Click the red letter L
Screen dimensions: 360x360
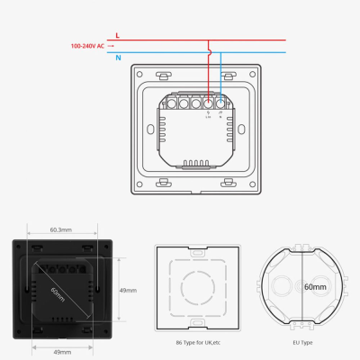coord(119,34)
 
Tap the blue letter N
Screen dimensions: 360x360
coord(119,57)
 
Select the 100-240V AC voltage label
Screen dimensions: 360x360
coord(87,45)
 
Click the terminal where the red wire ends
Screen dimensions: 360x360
coord(209,103)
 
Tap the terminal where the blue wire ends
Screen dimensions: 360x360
coord(221,103)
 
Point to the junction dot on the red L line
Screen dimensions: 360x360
coord(209,40)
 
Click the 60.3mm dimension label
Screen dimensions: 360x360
coord(61,230)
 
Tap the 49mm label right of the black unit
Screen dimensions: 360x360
coord(128,291)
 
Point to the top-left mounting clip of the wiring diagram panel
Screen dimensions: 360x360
coord(161,76)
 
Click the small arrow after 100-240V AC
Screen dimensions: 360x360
coord(112,45)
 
